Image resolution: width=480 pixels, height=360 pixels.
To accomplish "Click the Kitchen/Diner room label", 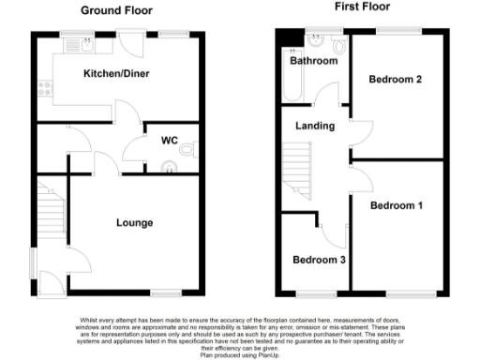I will [x=116, y=73].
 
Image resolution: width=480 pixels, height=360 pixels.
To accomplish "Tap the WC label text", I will [x=169, y=141].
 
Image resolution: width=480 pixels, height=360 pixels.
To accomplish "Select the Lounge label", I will [x=134, y=223].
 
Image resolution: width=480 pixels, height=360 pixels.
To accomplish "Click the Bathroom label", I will [x=313, y=61].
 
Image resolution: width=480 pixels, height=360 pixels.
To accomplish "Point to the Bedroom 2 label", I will [x=394, y=80].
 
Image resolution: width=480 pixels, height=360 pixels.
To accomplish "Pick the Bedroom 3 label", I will [x=316, y=261].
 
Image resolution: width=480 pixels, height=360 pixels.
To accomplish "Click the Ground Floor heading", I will [x=117, y=11].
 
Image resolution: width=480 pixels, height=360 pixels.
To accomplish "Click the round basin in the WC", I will [x=170, y=167].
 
